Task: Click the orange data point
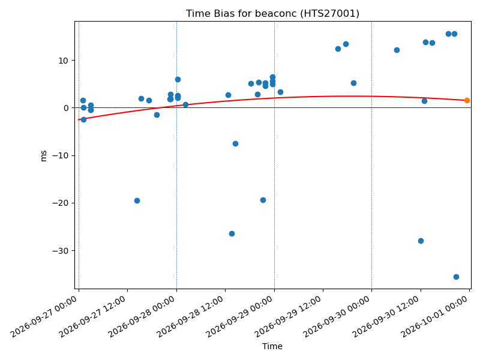(x=467, y=100)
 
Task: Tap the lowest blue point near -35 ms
(x=456, y=277)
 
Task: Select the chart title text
(x=272, y=13)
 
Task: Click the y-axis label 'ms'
(x=44, y=155)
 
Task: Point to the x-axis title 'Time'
(x=272, y=346)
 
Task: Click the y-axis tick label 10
(x=64, y=61)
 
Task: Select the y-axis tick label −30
(x=61, y=251)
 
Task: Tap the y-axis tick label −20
(x=61, y=203)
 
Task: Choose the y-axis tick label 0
(x=66, y=108)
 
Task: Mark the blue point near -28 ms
(x=421, y=241)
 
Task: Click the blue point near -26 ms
(x=232, y=233)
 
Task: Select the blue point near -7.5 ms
(x=235, y=143)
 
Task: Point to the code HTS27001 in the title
(x=329, y=13)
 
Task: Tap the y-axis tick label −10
(x=61, y=156)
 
